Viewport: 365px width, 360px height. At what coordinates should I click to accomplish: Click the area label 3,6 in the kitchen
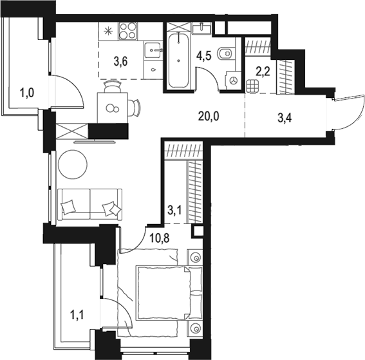[x=120, y=62]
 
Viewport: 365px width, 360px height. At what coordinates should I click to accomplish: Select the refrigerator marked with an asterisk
[x=108, y=32]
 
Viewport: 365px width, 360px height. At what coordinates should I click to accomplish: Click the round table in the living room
[x=72, y=164]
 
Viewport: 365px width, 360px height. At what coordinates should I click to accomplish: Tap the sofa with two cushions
[x=90, y=205]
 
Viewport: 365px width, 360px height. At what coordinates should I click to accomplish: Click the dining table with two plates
[x=113, y=106]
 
